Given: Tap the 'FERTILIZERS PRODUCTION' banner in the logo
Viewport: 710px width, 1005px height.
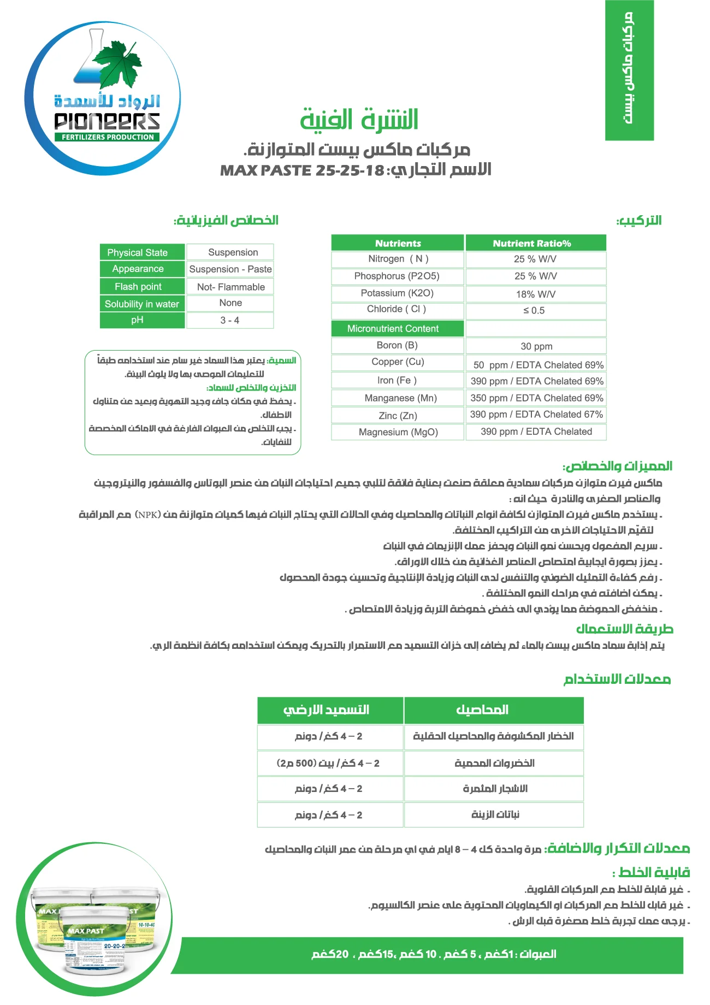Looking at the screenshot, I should click(107, 137).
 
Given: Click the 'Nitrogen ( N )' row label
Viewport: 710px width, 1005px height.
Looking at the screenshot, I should click(398, 259).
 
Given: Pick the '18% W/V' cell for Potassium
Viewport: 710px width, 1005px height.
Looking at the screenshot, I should click(535, 294).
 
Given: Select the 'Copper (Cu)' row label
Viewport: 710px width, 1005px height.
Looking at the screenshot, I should click(398, 362).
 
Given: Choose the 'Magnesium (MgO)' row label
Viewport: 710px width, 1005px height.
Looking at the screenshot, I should click(398, 432).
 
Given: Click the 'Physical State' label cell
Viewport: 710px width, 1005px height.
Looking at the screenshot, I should click(137, 252).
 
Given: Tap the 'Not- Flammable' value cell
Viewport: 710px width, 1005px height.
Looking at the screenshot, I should click(230, 287).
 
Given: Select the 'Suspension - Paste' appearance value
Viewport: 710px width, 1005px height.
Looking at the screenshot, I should click(230, 269).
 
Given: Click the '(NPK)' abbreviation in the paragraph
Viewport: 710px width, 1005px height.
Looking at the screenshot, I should click(147, 515).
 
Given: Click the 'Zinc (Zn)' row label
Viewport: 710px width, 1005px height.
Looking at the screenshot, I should click(398, 416).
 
